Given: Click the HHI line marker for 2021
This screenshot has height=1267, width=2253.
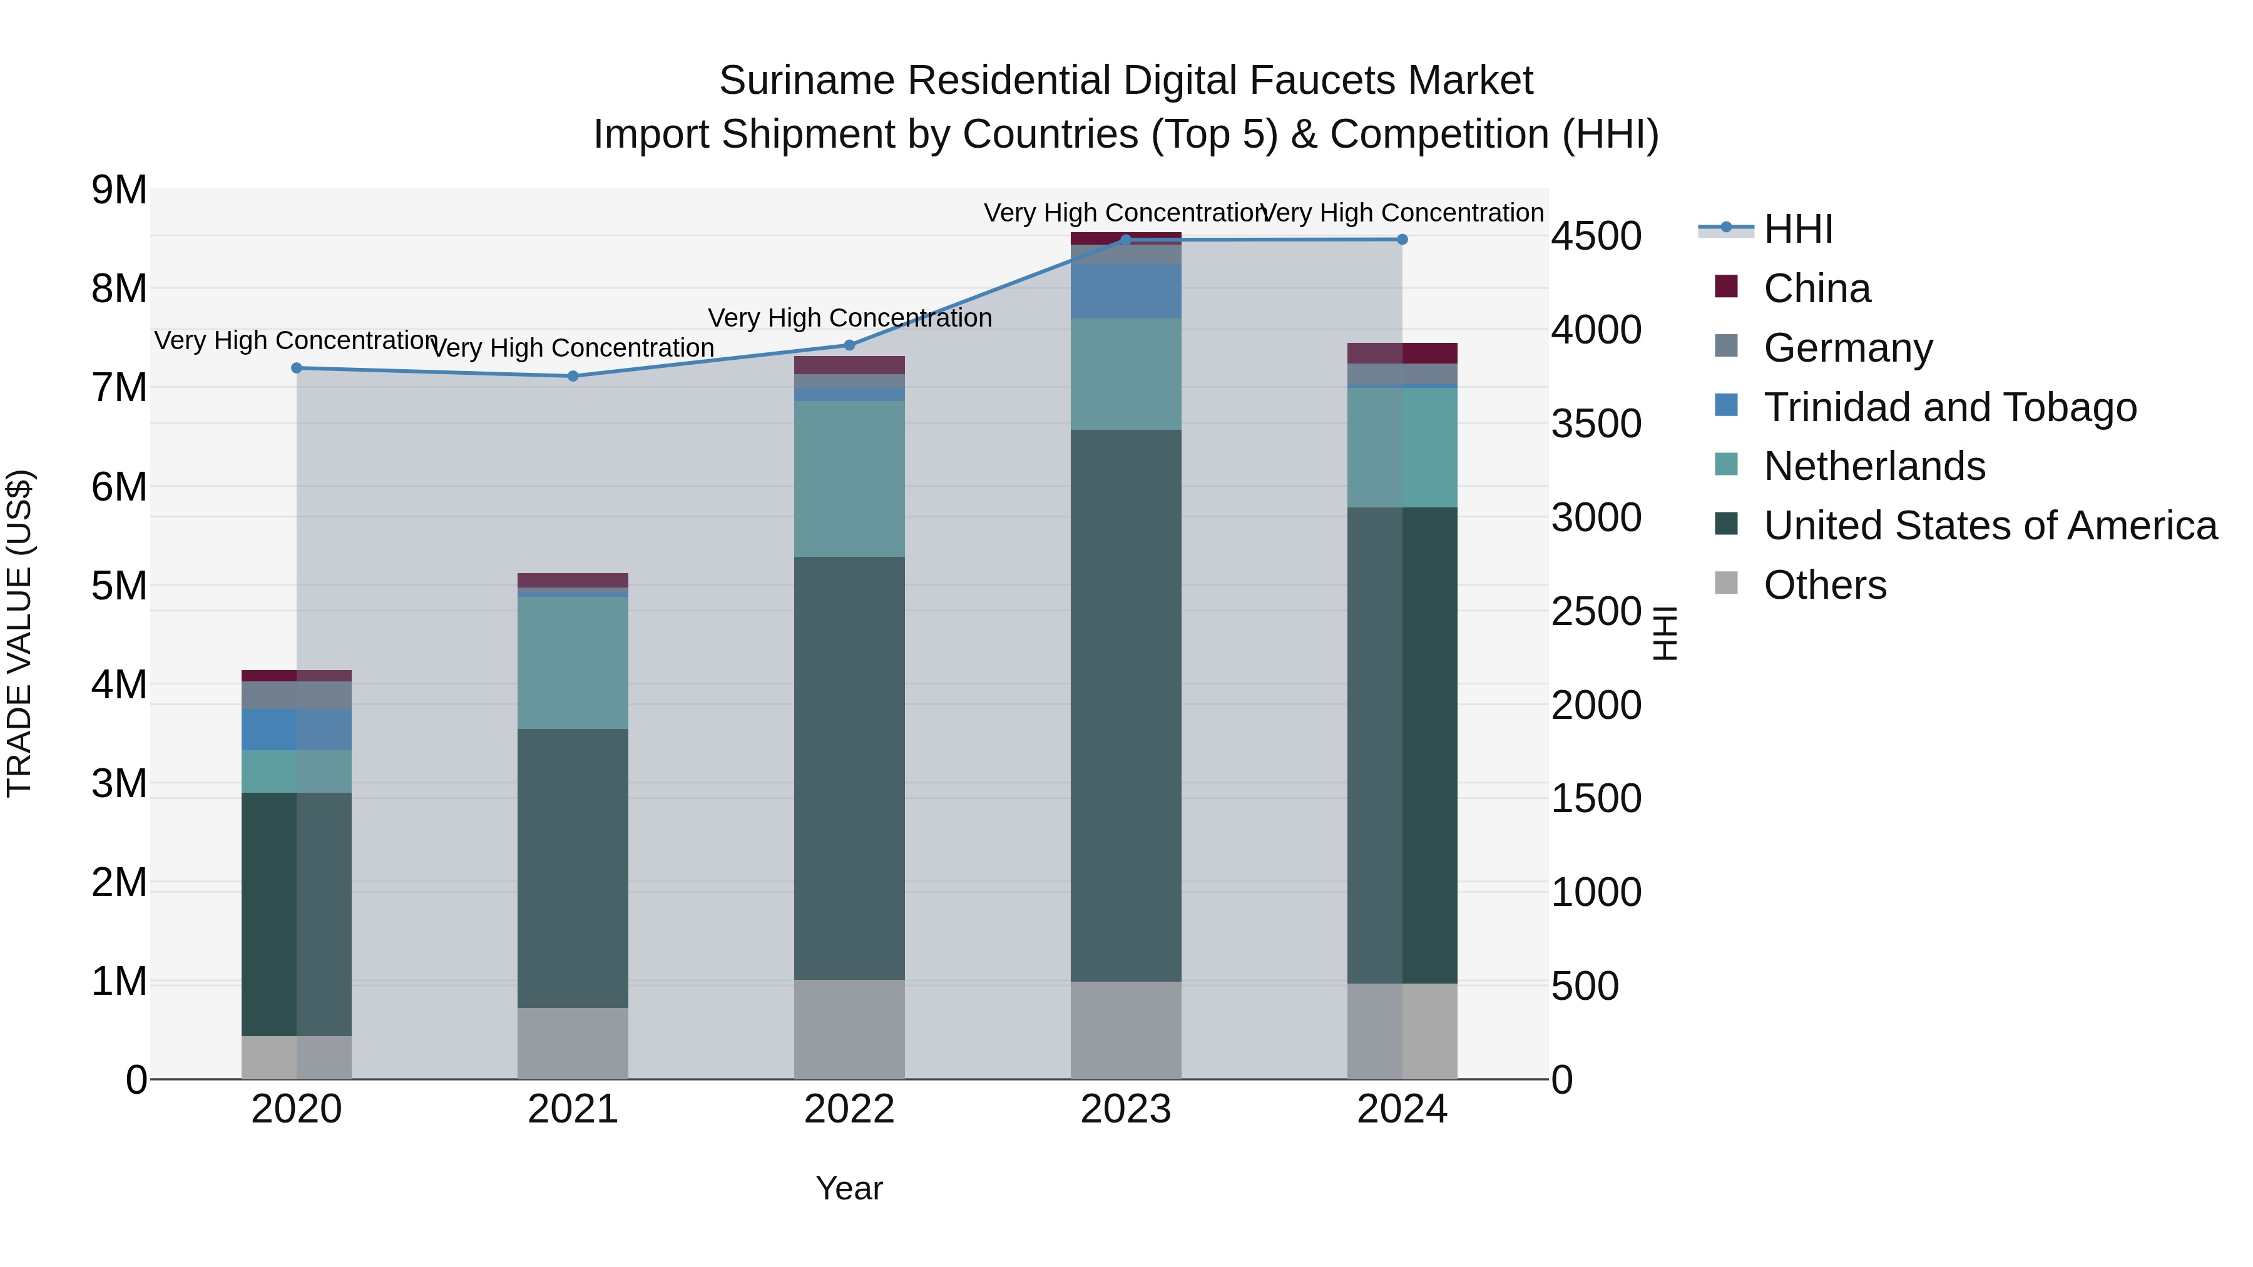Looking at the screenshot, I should pos(573,376).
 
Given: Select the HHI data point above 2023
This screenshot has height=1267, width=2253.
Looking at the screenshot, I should pos(1126,240).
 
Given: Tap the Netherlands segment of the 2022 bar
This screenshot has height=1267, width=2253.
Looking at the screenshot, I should pos(849,479).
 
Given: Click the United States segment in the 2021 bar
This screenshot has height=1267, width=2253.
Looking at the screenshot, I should pos(573,868).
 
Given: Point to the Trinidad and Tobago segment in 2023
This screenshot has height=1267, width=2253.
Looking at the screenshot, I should pos(1126,291).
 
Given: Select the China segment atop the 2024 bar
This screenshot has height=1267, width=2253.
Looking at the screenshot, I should pos(1402,354).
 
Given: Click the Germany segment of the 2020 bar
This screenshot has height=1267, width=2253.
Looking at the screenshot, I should pos(297,695).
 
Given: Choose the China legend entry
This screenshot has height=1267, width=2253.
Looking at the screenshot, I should pos(1817,288).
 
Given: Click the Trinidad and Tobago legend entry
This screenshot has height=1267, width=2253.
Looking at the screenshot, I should pos(1949,407).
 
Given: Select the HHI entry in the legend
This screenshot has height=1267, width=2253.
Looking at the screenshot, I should pos(1797,229).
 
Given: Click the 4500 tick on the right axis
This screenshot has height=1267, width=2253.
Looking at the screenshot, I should pos(1596,236).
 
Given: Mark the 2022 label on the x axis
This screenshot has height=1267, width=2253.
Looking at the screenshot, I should pos(849,1109).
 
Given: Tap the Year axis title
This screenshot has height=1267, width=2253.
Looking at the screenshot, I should pos(849,1188).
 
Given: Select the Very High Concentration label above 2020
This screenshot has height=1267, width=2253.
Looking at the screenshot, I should pos(297,340).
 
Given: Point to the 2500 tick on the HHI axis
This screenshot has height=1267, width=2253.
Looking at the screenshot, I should pos(1596,611).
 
